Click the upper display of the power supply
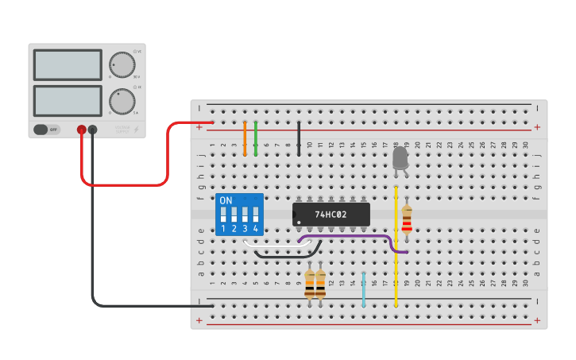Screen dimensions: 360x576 [68, 64]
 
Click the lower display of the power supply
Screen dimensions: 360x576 [68, 100]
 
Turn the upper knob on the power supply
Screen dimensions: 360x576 [122, 64]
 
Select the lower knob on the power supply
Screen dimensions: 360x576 [122, 101]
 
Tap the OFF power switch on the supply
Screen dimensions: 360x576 [47, 129]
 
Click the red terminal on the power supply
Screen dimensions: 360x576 [81, 129]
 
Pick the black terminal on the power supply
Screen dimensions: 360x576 [92, 129]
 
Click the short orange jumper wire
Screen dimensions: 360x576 [245, 138]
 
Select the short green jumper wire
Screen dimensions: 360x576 [256, 138]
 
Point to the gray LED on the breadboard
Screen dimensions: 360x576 [400, 158]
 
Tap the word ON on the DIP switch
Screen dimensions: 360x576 [226, 200]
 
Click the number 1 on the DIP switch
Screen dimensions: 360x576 [223, 229]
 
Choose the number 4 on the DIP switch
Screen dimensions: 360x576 [256, 229]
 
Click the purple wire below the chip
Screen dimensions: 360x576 [350, 236]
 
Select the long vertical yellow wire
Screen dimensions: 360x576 [396, 246]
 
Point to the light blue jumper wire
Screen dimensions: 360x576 [363, 290]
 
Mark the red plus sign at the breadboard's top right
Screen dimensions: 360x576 [537, 127]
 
